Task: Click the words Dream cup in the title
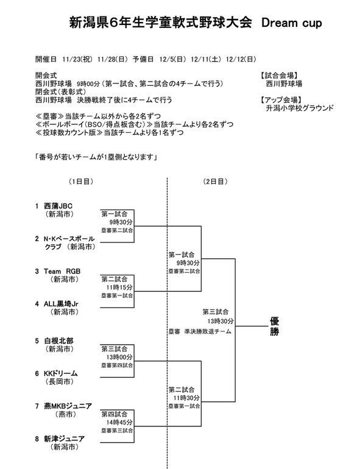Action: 291,23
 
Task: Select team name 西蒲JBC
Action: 58,206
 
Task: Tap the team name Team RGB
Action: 62,271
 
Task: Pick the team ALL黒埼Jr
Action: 61,304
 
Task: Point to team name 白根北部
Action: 58,341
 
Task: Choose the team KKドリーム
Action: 61,373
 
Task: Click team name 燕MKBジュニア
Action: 68,406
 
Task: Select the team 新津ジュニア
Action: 65,439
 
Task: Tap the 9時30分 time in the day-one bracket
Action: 121,222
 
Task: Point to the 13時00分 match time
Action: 119,357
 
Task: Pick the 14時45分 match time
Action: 119,422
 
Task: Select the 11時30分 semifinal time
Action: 186,398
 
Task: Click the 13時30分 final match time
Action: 221,321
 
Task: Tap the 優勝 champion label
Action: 274,326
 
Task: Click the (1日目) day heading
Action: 81,182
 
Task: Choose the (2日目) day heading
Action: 215,182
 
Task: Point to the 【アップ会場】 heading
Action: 281,100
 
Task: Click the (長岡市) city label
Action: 60,382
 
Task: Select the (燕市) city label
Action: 66,414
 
